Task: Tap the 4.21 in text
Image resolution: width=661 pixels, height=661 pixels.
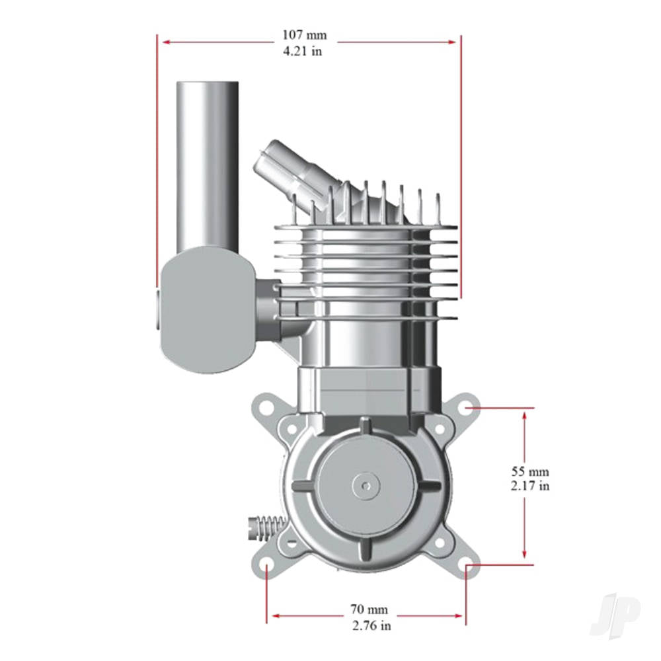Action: point(303,51)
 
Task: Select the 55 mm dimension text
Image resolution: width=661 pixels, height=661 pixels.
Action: point(529,472)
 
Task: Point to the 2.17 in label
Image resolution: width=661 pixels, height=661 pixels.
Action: point(529,486)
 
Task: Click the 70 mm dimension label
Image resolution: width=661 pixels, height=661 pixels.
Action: point(369,609)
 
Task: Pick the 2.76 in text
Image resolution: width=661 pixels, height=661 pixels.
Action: point(369,625)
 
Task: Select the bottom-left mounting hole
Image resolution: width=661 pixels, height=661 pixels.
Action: point(266,566)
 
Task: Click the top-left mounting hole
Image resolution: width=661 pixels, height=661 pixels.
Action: point(266,404)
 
